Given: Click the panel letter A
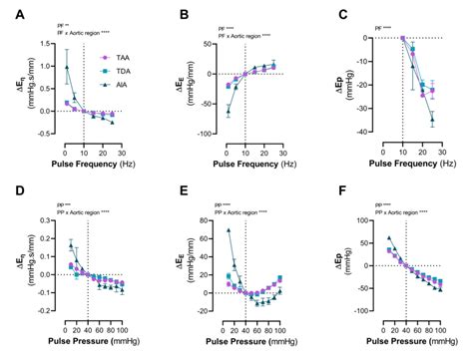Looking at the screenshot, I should [x=8, y=15].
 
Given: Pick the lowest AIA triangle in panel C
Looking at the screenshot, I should [x=432, y=120].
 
